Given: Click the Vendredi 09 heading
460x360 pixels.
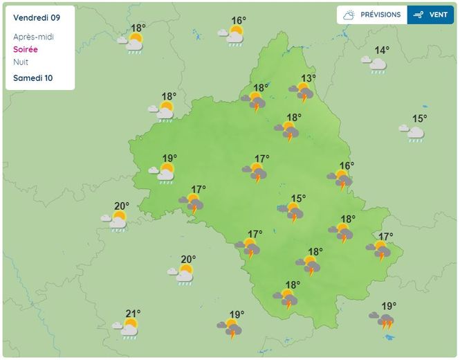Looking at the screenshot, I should [36, 17].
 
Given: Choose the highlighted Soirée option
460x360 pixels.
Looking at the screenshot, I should [26, 50].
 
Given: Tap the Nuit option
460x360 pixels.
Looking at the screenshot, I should [21, 62].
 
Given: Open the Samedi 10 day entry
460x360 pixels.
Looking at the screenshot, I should [33, 78].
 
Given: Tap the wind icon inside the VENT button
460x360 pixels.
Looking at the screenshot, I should [418, 15].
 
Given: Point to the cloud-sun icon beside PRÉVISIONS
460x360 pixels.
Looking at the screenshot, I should [349, 15].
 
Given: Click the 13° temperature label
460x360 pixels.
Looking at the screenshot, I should [309, 78].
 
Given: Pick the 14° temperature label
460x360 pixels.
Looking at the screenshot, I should [382, 51].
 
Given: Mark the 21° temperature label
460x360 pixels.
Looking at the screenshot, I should [133, 314].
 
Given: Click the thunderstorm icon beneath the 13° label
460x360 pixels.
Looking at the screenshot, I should [302, 92].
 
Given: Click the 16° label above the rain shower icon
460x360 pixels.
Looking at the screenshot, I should [239, 21].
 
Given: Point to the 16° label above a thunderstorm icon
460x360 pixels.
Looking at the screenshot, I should [347, 165].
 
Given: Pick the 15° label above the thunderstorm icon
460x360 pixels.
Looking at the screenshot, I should [298, 199].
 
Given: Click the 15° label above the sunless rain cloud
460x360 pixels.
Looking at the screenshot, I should [419, 118].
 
